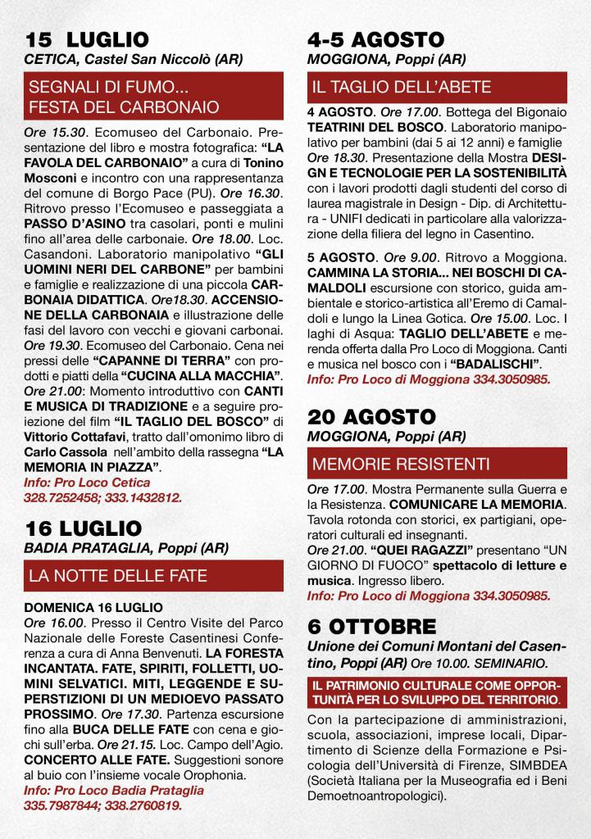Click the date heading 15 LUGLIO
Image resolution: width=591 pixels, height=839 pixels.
[x=87, y=40]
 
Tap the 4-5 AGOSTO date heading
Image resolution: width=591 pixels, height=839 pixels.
[x=375, y=40]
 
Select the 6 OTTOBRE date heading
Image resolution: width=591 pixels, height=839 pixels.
[x=371, y=627]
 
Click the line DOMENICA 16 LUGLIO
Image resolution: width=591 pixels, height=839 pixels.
[x=93, y=608]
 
